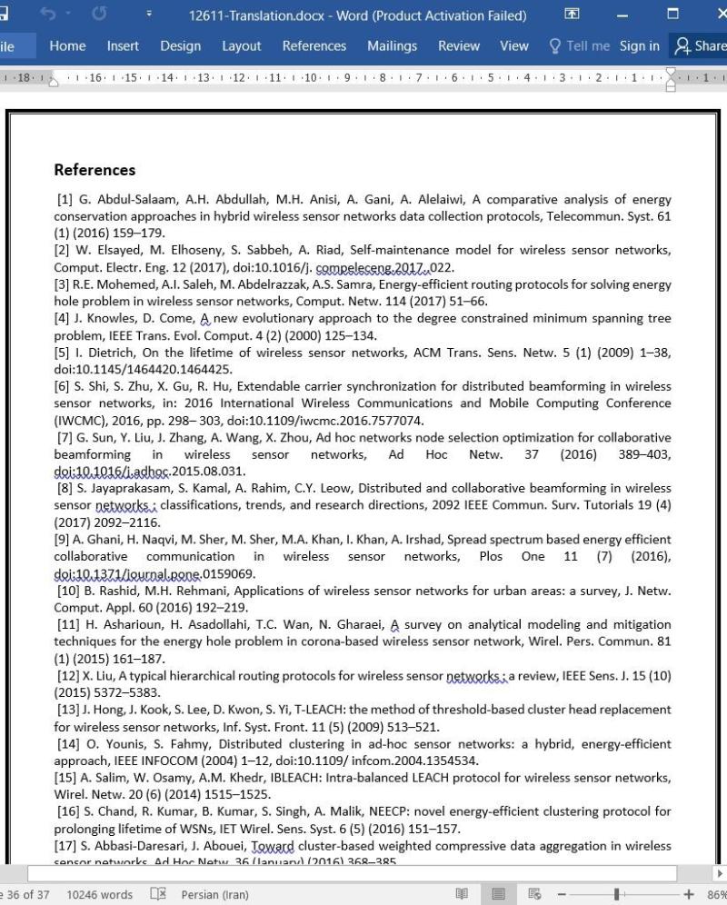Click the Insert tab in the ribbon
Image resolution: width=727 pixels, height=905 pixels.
point(123,46)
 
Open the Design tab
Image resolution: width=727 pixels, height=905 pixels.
point(181,46)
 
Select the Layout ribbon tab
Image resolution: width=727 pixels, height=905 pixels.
point(241,46)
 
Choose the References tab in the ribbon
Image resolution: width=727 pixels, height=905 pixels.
point(314,46)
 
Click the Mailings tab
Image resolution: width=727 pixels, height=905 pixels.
point(392,46)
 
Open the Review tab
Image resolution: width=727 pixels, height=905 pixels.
point(459,46)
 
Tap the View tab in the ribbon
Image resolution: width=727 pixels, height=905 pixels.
point(514,46)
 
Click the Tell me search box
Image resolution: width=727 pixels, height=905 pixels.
point(579,46)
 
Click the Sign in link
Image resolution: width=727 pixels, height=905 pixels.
point(640,46)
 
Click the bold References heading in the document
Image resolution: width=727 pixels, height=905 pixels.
point(95,170)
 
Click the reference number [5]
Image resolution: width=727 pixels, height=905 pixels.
point(62,353)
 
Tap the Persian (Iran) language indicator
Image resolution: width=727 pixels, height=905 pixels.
point(214,895)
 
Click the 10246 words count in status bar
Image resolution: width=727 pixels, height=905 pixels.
point(100,895)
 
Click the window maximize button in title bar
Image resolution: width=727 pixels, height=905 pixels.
point(672,15)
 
